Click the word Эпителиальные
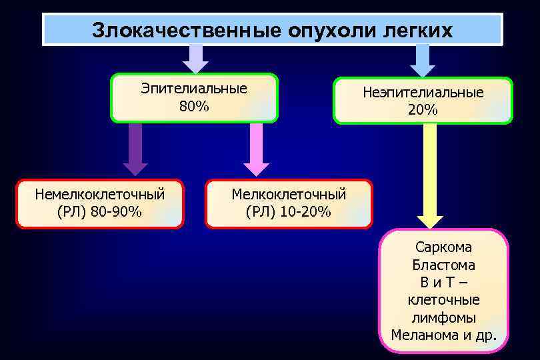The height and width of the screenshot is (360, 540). [x=193, y=88]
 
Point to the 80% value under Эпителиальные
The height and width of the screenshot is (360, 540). [x=193, y=105]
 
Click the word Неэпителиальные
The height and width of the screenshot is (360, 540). [x=423, y=93]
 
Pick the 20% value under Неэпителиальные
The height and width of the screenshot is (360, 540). [x=423, y=110]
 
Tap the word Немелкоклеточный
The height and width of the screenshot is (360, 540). [x=100, y=195]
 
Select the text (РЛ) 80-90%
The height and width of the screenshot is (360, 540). [x=100, y=212]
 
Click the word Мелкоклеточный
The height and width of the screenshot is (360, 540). [x=288, y=195]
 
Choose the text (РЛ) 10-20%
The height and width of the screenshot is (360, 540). [x=288, y=212]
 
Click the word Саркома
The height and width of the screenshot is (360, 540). [x=443, y=247]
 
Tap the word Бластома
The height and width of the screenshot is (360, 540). [x=443, y=265]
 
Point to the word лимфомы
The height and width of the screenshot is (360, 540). [x=443, y=317]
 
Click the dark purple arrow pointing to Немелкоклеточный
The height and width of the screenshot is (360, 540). [x=135, y=151]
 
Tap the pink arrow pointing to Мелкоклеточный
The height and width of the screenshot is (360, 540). [x=256, y=151]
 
